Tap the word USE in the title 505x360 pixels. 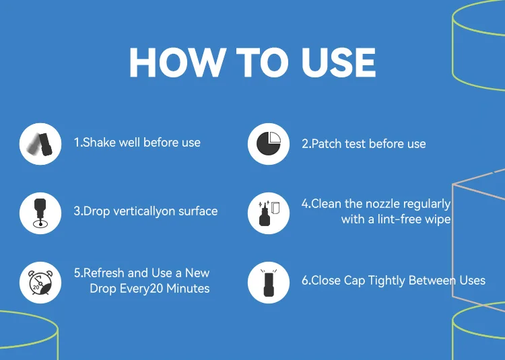tap(339, 63)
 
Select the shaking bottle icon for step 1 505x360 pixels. tap(40, 144)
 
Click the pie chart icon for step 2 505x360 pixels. tap(269, 144)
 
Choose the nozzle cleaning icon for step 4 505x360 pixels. tap(269, 213)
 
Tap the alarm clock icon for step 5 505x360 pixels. tap(40, 283)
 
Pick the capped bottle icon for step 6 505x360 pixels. tap(269, 283)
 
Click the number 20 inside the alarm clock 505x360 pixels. tap(36, 287)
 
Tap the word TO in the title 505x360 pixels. tap(262, 63)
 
